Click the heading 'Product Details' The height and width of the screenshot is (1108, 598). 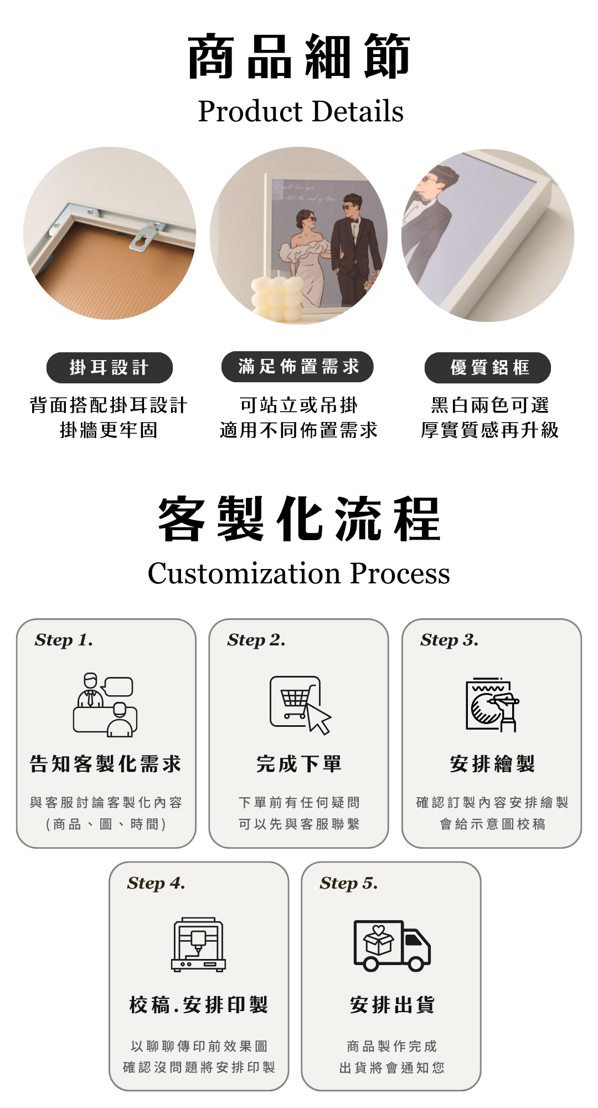point(301,111)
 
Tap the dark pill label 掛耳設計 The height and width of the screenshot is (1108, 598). point(110,367)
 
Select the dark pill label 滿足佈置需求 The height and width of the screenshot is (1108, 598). point(298,367)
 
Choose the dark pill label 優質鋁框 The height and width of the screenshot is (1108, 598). point(488,367)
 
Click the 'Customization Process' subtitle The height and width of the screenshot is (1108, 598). point(299,573)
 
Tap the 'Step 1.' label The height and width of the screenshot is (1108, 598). point(64,640)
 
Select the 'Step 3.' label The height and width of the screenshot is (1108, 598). point(449,640)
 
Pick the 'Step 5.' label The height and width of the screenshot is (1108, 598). point(349,883)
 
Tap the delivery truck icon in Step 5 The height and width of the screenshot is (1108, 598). point(392,946)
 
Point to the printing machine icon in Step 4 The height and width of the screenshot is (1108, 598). point(199,945)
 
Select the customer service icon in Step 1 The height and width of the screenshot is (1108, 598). point(105,705)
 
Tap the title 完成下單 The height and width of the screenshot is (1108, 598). point(299,764)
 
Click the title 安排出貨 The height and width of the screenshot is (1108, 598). point(392,1004)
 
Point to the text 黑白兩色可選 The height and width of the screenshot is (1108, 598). point(490,406)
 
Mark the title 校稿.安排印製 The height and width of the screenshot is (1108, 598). point(199,1004)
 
